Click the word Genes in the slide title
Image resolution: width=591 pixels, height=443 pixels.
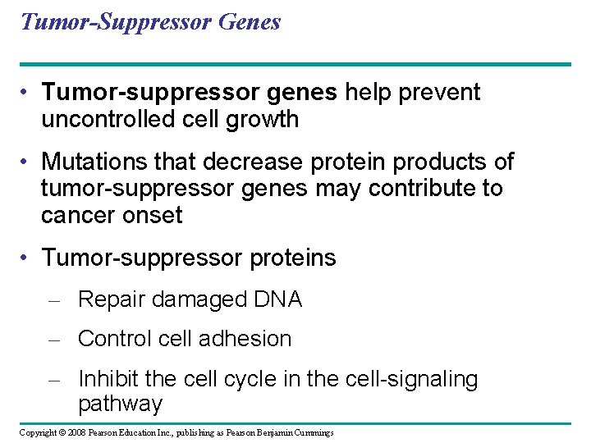[250, 21]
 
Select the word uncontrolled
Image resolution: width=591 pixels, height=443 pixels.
[109, 120]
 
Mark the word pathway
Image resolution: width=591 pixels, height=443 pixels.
[120, 404]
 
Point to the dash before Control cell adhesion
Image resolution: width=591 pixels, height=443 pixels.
[54, 340]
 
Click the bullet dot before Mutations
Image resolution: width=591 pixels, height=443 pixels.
[27, 162]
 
